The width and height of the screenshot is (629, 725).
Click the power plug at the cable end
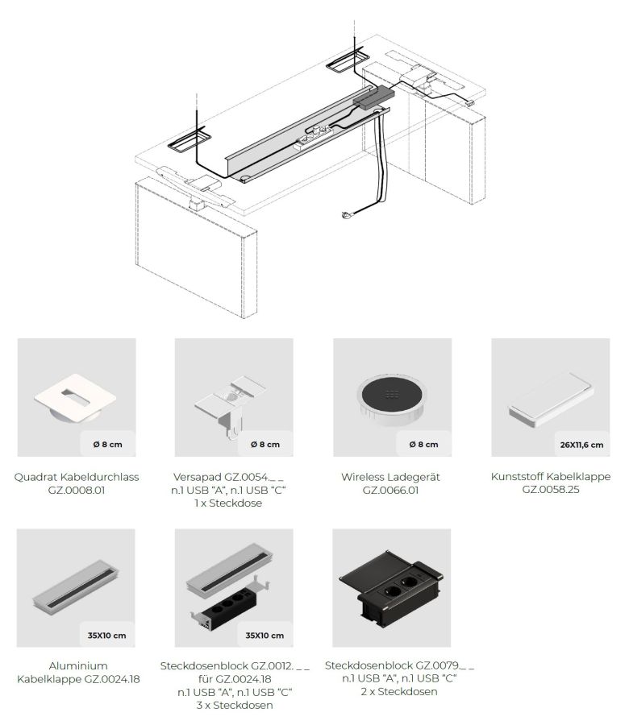click(347, 214)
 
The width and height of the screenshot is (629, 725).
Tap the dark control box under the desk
click(373, 98)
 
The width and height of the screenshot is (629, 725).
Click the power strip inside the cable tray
click(314, 138)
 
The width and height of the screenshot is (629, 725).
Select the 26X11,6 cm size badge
click(581, 445)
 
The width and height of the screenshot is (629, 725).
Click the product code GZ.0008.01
click(77, 490)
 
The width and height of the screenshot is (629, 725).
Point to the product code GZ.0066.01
click(390, 490)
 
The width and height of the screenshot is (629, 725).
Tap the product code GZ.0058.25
click(551, 489)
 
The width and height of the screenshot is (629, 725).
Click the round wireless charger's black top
click(392, 394)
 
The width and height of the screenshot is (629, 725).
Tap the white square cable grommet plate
click(75, 397)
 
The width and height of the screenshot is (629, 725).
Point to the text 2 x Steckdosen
click(399, 692)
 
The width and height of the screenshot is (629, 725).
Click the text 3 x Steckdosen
click(234, 705)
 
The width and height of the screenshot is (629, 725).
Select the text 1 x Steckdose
click(228, 503)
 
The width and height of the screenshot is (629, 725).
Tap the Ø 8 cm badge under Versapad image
click(265, 445)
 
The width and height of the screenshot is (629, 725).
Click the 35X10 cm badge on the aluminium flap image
click(106, 636)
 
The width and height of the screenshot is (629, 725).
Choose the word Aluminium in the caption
click(78, 666)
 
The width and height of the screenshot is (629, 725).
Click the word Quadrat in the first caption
click(35, 477)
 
